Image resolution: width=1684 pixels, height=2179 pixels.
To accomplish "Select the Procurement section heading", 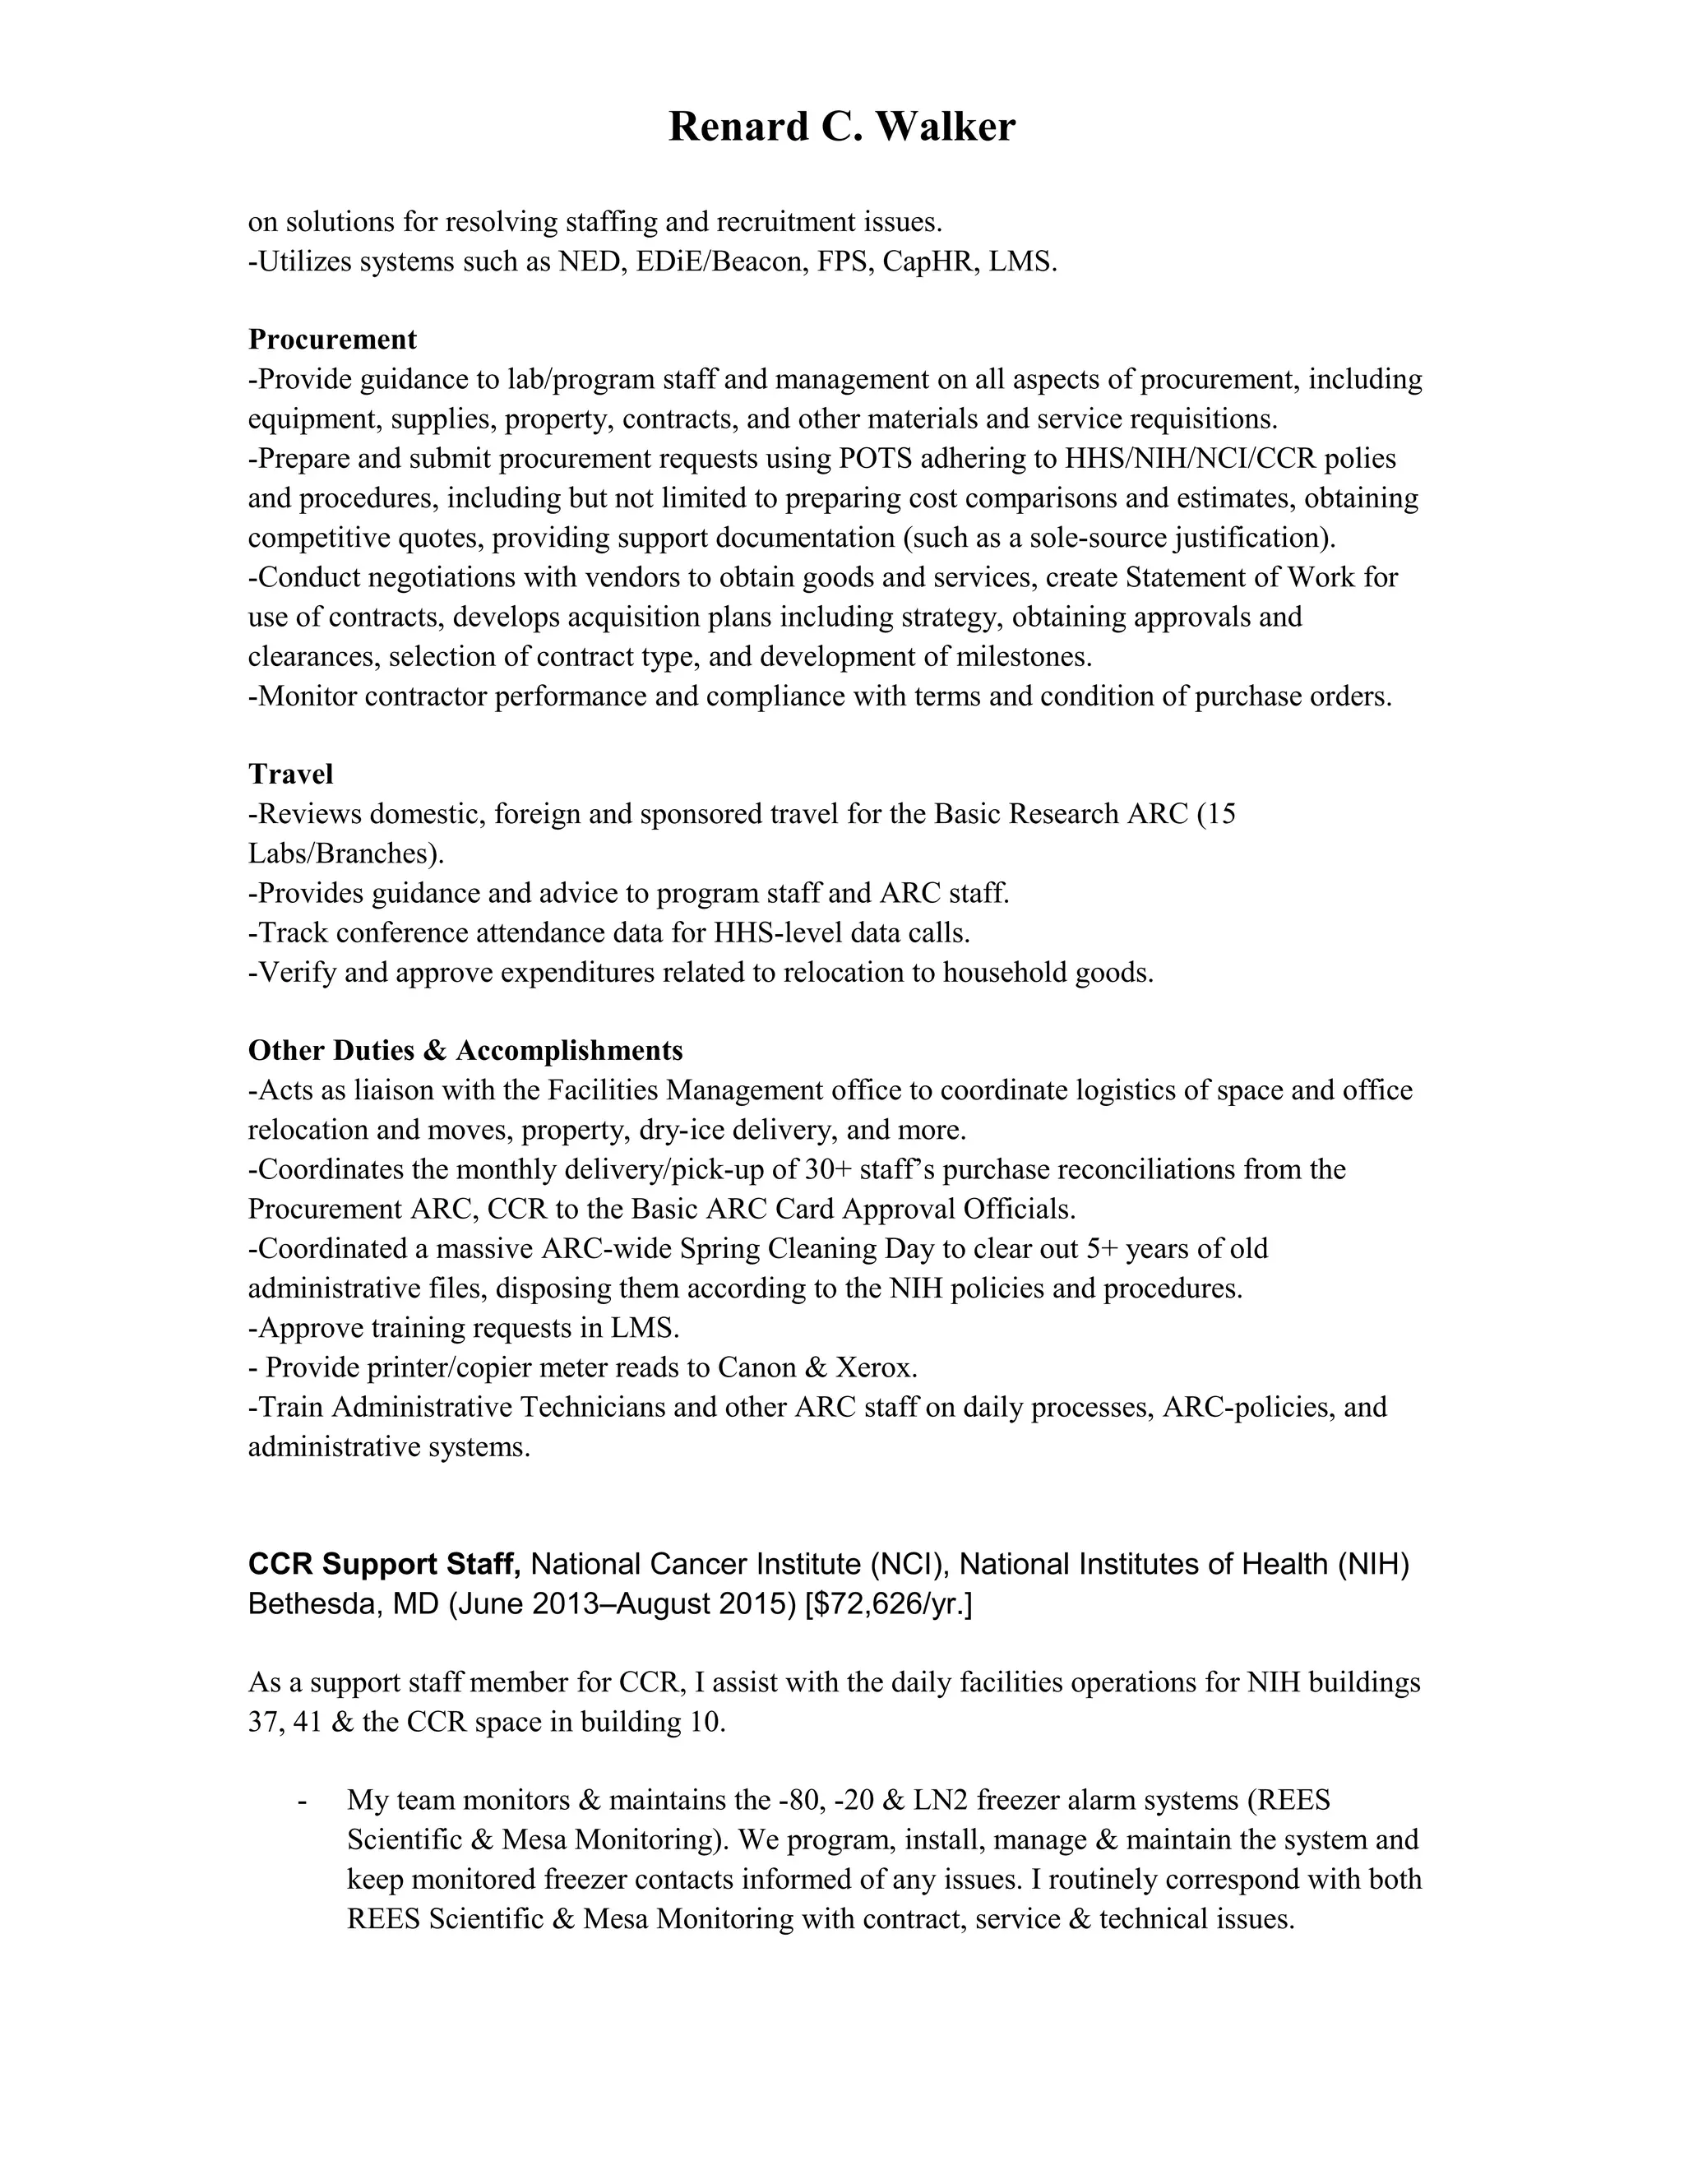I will [x=332, y=340].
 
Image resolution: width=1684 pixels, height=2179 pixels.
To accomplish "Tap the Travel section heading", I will [x=290, y=775].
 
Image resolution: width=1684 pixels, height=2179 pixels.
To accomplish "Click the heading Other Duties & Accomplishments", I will [x=465, y=1051].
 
